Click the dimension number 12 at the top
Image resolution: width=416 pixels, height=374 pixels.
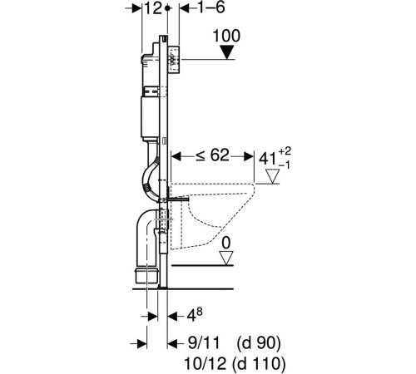(153, 8)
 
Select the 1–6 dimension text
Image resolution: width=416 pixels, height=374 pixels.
(210, 7)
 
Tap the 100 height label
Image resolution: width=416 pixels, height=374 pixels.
(226, 36)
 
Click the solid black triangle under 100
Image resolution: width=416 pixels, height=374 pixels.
(227, 52)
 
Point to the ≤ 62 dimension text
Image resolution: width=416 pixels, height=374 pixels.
(212, 155)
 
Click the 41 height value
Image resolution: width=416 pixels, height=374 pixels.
(268, 159)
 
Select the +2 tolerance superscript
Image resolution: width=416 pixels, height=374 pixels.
(285, 151)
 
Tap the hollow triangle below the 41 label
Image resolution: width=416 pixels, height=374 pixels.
(272, 176)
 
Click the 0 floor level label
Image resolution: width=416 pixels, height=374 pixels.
(226, 243)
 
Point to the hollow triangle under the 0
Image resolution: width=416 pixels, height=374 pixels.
(226, 258)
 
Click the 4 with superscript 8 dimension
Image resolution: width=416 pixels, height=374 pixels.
(195, 315)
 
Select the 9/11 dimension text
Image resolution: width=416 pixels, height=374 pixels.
(204, 343)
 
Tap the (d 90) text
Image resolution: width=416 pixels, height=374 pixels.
(259, 343)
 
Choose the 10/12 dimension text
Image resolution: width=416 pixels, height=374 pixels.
(206, 363)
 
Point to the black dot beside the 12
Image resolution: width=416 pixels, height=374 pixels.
(167, 8)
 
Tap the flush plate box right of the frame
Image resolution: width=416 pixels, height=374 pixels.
(174, 61)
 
